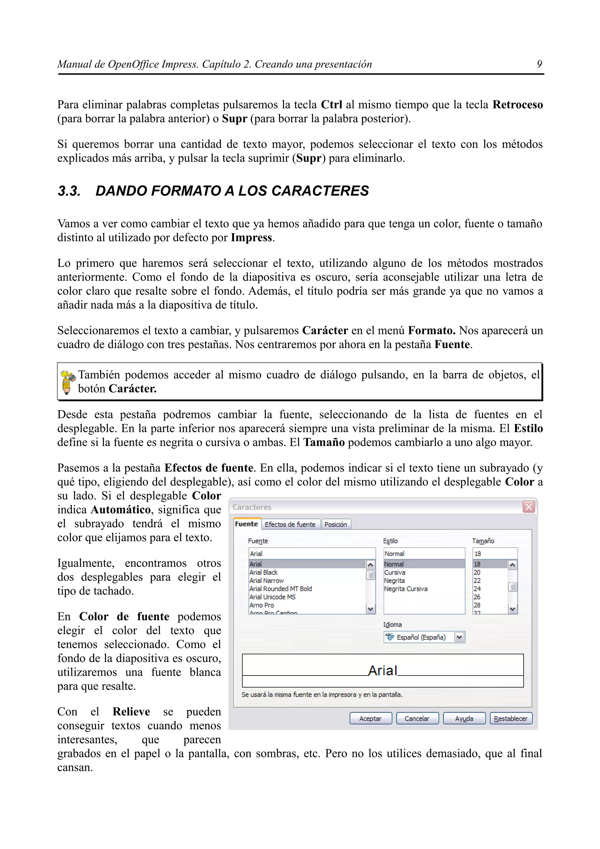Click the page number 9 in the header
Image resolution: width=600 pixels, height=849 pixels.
539,64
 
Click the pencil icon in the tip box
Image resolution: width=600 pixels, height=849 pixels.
67,382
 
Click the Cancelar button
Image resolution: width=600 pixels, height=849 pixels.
417,718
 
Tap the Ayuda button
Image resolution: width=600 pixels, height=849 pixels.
464,718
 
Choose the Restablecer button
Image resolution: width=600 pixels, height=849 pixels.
511,718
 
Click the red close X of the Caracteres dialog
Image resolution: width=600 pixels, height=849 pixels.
529,507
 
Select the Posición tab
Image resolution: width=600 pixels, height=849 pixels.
335,524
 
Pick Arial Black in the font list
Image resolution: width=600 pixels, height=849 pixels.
264,572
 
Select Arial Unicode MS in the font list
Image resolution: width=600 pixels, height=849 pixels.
272,597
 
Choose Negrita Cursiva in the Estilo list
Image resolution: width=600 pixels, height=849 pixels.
405,589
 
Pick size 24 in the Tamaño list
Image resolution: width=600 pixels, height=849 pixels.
477,589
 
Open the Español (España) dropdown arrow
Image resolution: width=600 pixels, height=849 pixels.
459,637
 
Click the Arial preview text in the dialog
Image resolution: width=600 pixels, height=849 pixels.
382,670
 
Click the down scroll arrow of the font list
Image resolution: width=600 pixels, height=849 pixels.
370,609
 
